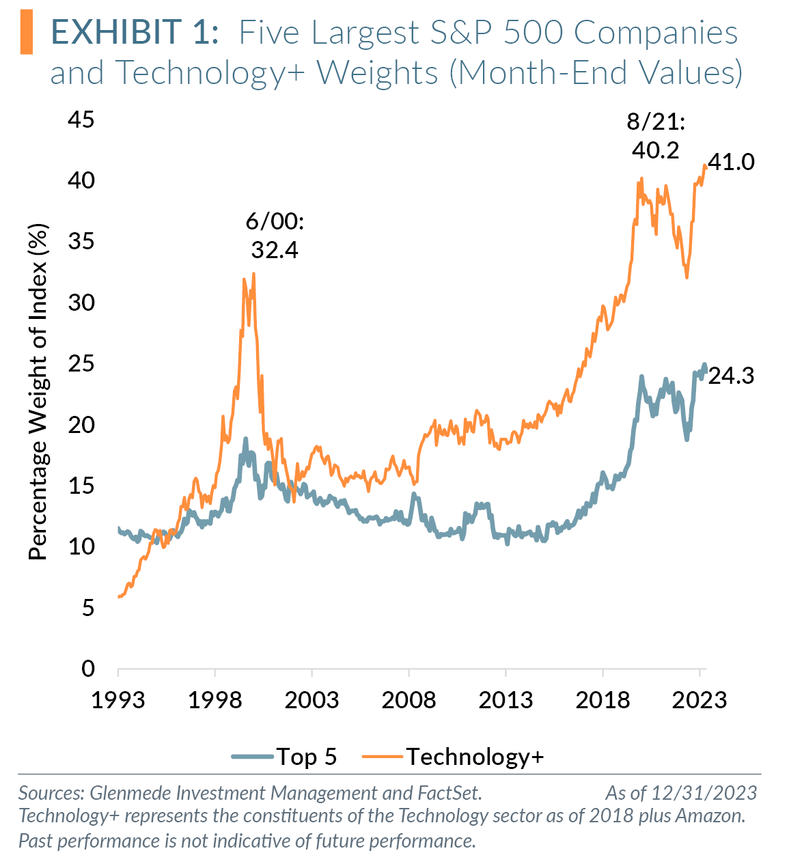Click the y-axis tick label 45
[x=81, y=120]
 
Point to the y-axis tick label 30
[x=81, y=303]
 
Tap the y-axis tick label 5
[x=87, y=608]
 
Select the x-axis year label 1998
[x=214, y=699]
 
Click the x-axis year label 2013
[x=506, y=699]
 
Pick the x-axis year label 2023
[x=700, y=699]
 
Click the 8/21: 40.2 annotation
[x=655, y=136]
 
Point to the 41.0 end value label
[x=731, y=163]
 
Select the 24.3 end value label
[x=731, y=376]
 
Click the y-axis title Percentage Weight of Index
[x=39, y=392]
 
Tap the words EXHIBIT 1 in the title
[x=135, y=33]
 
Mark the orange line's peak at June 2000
[x=254, y=273]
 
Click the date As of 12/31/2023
[x=681, y=792]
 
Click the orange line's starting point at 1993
[x=119, y=597]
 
